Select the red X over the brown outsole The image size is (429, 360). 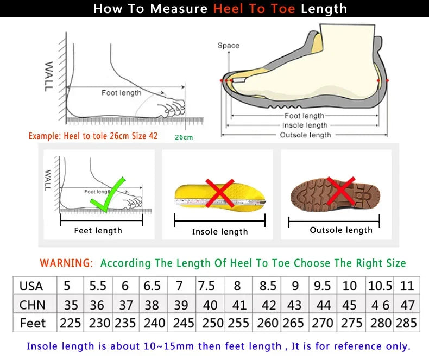341,191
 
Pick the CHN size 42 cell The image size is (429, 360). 268,305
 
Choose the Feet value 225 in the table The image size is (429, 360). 70,323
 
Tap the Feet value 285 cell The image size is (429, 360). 406,323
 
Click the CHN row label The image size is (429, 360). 32,305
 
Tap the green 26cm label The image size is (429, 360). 184,137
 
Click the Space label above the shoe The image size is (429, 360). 228,46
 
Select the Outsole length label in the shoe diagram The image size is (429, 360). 305,135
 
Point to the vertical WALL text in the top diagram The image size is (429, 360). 49,75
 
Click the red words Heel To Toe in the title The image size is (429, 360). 254,9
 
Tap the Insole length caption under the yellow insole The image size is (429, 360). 220,232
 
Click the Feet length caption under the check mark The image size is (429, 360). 98,231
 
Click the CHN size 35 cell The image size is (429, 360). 70,305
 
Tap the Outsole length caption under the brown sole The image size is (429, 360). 341,230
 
